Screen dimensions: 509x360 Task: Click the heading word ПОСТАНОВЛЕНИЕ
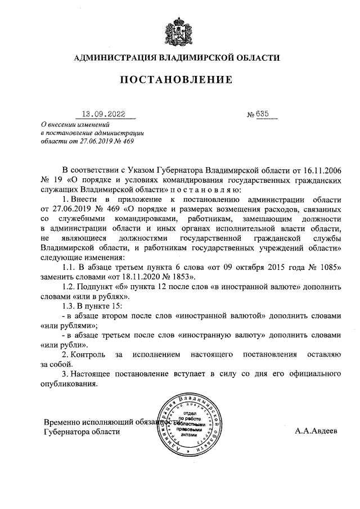coord(178,80)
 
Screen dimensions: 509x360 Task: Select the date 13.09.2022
coord(105,113)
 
